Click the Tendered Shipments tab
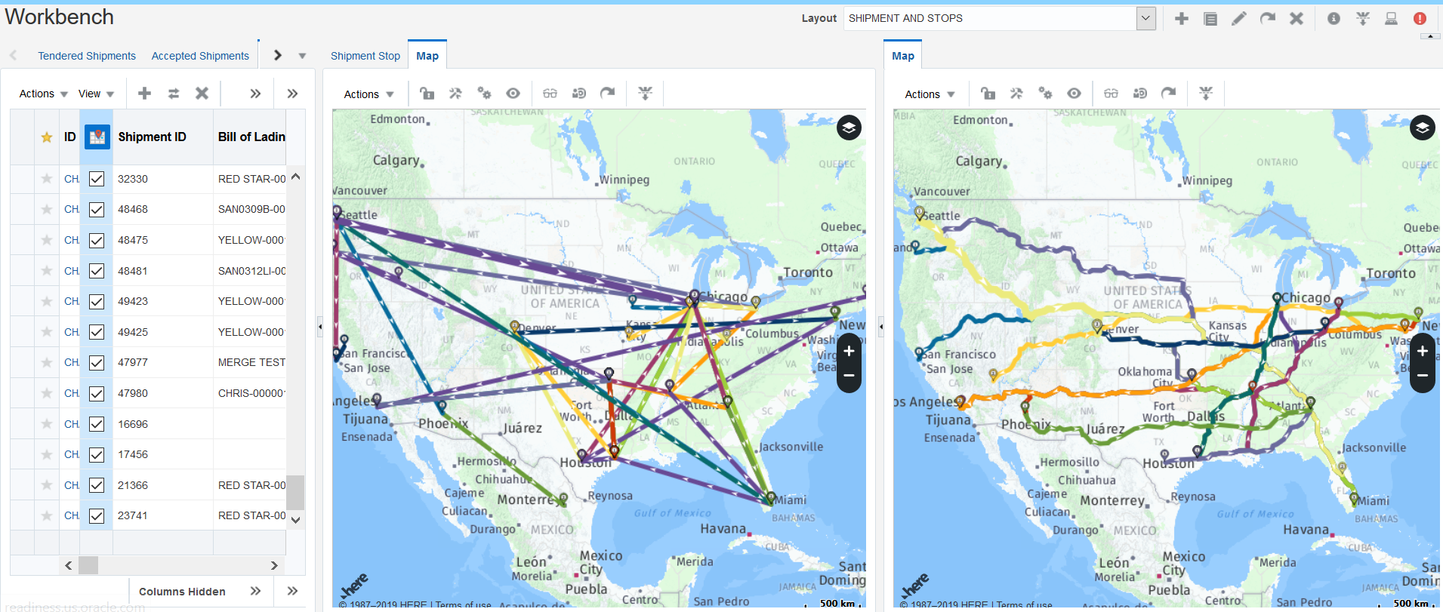(x=87, y=56)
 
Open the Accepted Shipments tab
(x=200, y=56)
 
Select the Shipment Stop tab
(x=365, y=56)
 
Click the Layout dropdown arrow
(x=1145, y=18)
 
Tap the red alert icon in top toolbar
(x=1420, y=19)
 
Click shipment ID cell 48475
(x=133, y=240)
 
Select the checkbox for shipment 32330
(x=97, y=179)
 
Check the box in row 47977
(x=97, y=363)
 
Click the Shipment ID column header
(x=152, y=137)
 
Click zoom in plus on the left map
(x=849, y=351)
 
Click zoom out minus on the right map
(x=1422, y=376)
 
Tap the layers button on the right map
(x=1422, y=128)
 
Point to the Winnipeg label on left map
(x=624, y=180)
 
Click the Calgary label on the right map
(x=979, y=161)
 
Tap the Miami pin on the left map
(x=770, y=498)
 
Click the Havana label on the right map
(x=1306, y=530)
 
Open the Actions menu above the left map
(x=368, y=94)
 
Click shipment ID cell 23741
(x=133, y=515)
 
